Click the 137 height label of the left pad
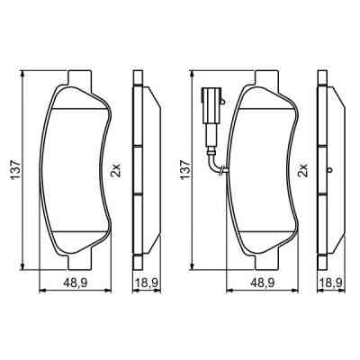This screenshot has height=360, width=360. [12, 168]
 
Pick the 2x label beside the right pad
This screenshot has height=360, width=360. [301, 168]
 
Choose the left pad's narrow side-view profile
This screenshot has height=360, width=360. [139, 168]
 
